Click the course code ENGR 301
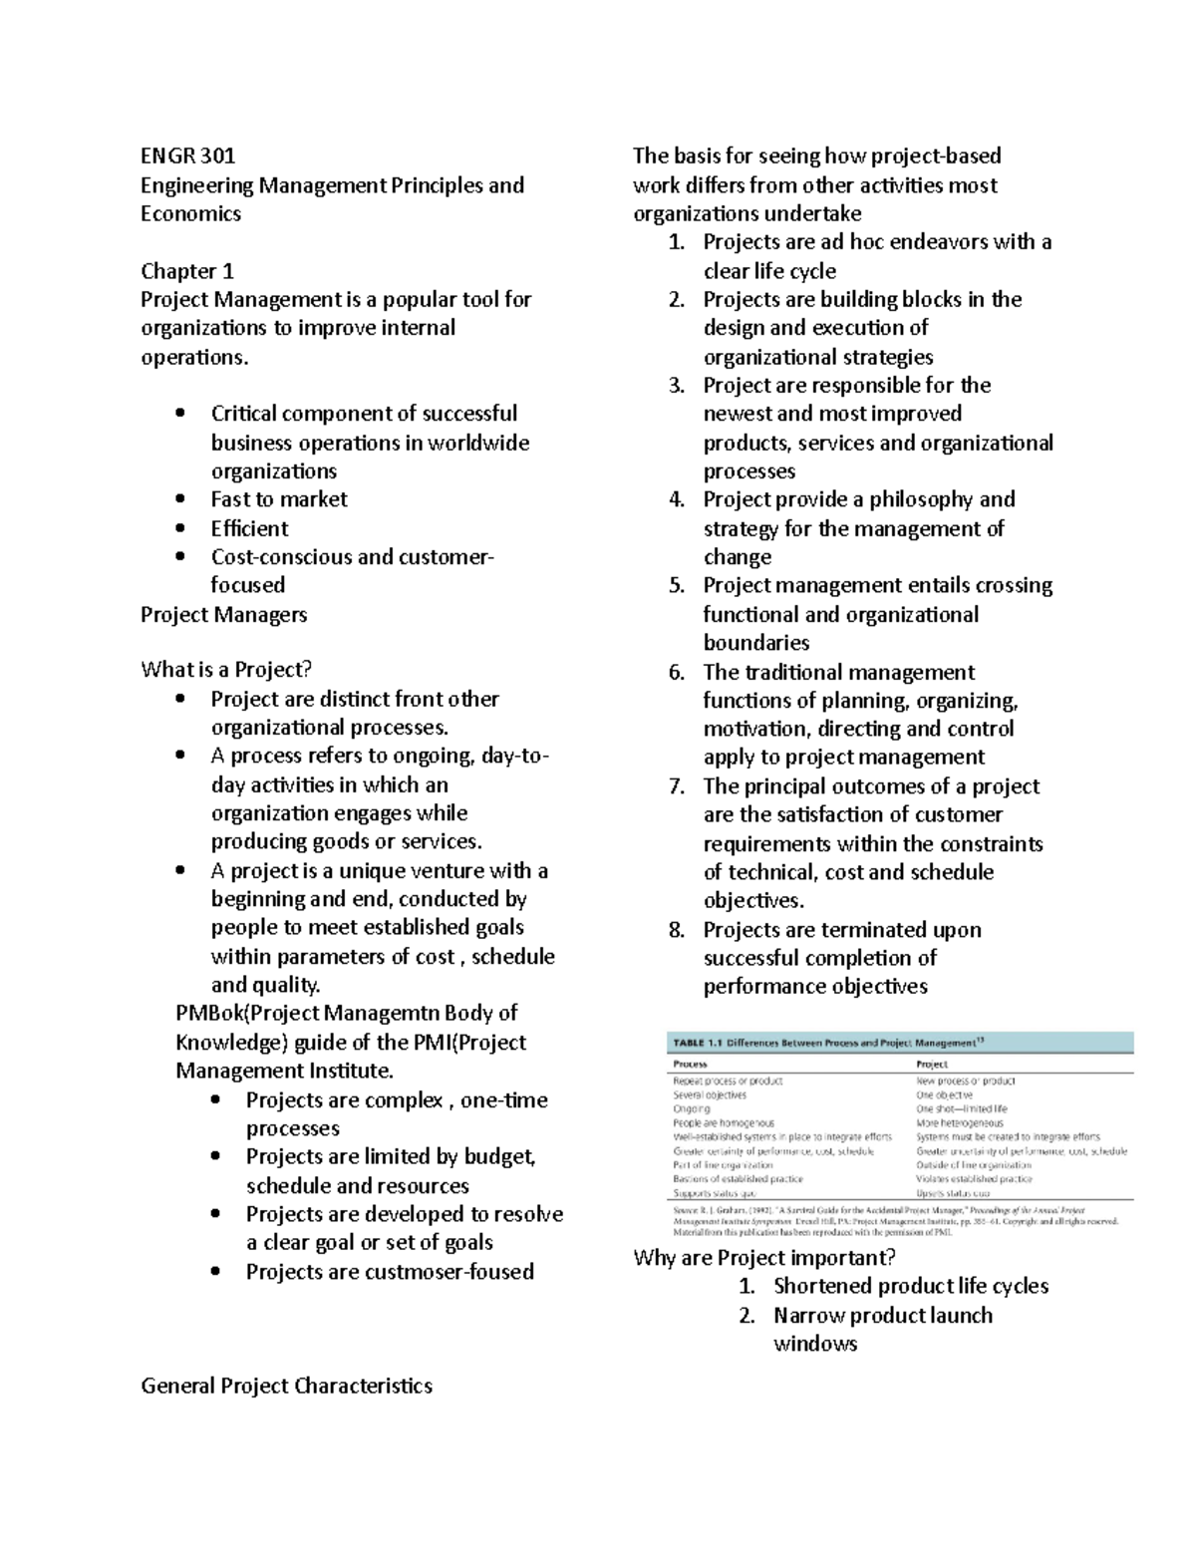(x=188, y=155)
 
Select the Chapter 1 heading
(x=187, y=271)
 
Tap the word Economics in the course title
(x=190, y=213)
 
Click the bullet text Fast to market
(x=279, y=499)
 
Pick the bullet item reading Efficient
(x=249, y=528)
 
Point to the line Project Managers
(x=223, y=614)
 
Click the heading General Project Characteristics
(x=286, y=1386)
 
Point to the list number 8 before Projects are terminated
(x=677, y=930)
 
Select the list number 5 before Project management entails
(x=677, y=586)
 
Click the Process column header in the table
(x=691, y=1065)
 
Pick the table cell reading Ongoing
(x=692, y=1108)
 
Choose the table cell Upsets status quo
(x=953, y=1192)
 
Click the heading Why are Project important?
(x=764, y=1257)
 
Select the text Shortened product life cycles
(x=911, y=1286)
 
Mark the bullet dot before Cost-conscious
(x=179, y=557)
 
